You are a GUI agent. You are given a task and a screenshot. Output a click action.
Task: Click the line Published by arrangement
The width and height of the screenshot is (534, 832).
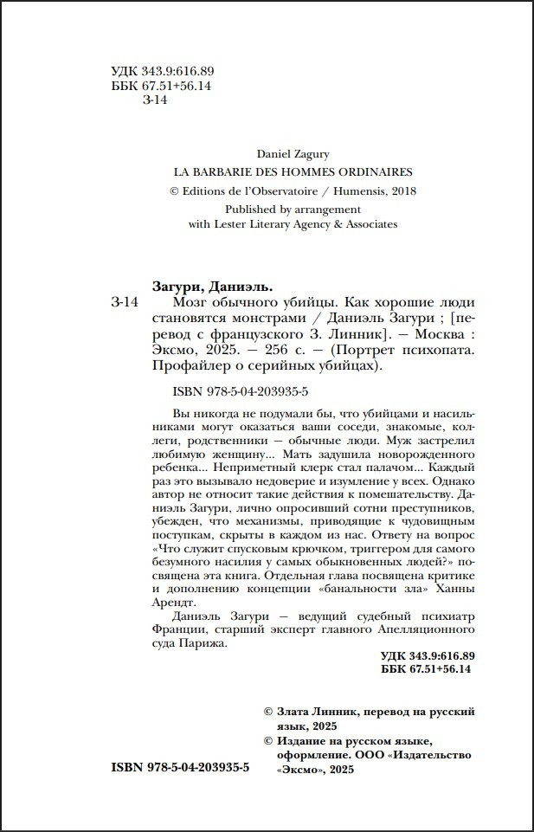(x=293, y=209)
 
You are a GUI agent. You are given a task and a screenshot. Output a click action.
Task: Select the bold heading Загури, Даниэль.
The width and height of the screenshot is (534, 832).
(x=211, y=287)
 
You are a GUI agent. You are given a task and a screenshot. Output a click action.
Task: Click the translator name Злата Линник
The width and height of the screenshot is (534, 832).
(x=318, y=712)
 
